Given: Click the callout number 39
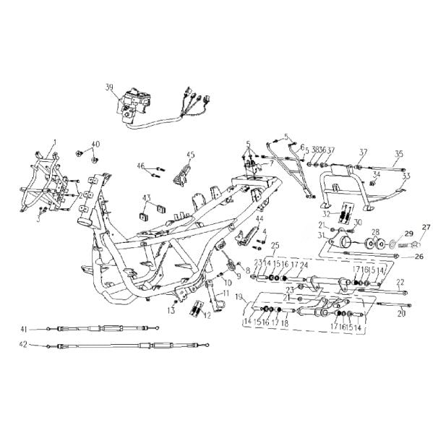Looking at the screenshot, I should pos(109,87).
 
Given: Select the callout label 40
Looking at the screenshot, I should pos(95,144).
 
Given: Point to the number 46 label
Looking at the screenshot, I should pos(142,166).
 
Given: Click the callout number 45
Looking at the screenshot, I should pos(191,155).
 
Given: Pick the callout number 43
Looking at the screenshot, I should pos(147,197).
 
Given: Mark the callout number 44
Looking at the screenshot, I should pos(259,219).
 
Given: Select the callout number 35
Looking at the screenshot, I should pos(398,153).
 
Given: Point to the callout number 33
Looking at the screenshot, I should pos(406,176).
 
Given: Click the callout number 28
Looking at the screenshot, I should pos(375,233).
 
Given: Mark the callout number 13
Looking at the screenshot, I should pos(171,311).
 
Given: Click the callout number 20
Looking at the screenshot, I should pos(403,314).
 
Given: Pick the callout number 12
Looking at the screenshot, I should pos(207,315).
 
